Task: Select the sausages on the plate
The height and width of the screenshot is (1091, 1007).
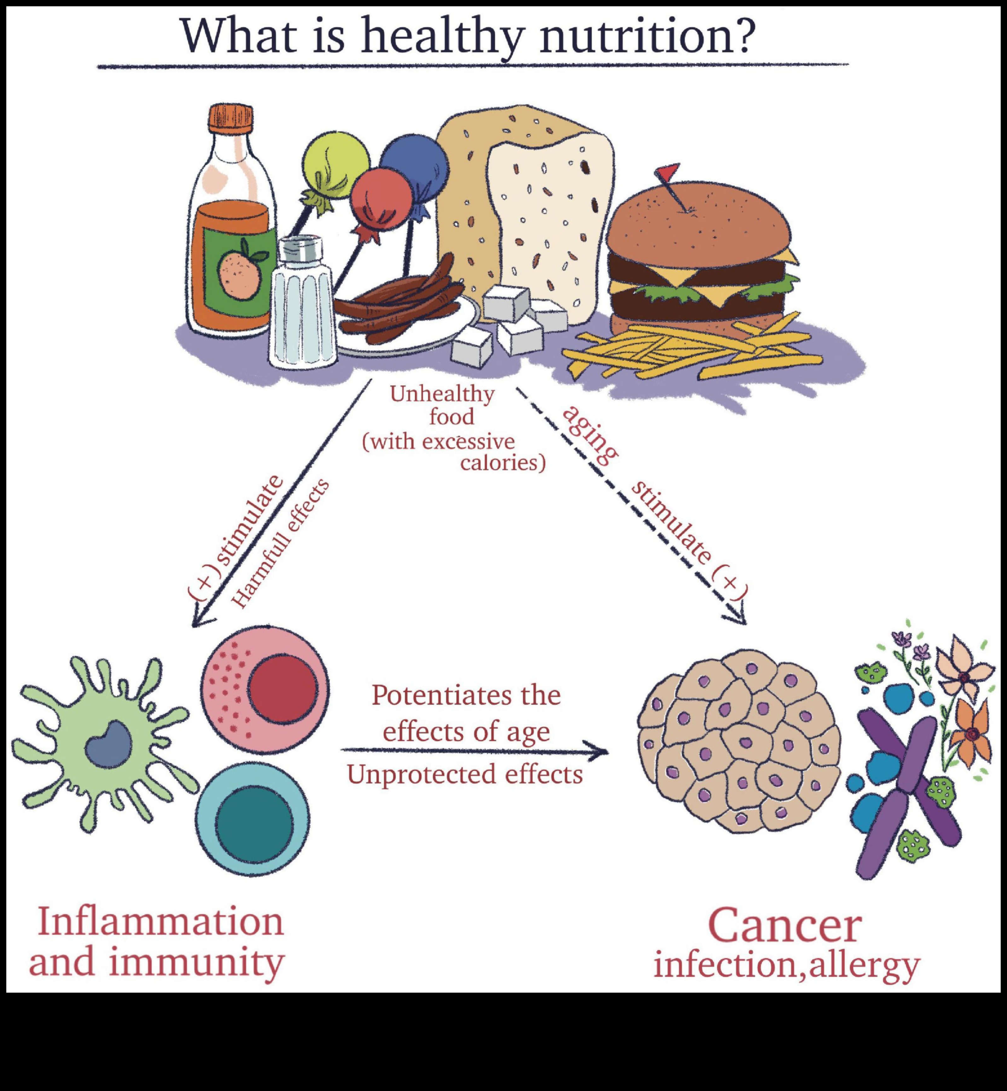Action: pyautogui.click(x=398, y=308)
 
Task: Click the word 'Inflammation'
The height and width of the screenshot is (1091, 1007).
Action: pyautogui.click(x=161, y=921)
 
